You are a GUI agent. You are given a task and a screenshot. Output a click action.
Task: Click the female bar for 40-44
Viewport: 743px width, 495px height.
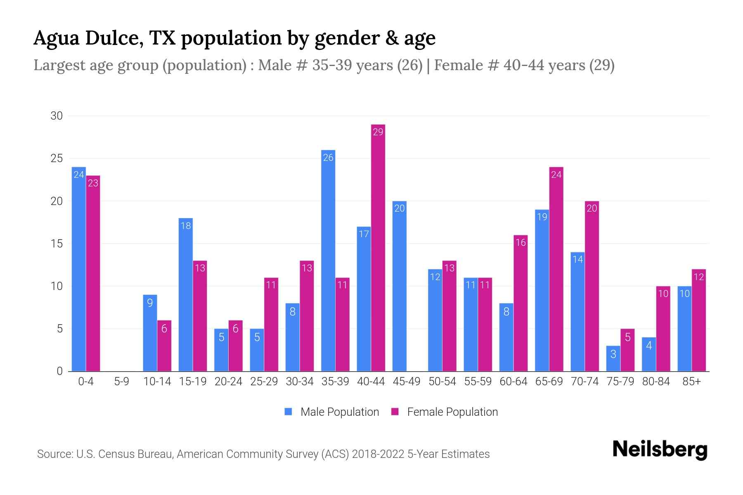tap(378, 247)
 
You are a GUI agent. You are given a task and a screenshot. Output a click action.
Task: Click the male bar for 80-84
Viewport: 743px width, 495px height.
tap(649, 354)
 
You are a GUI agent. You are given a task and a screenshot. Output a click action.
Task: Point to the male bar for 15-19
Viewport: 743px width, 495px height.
tap(186, 295)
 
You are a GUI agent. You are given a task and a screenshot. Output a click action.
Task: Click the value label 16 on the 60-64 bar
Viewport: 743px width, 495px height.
tap(521, 243)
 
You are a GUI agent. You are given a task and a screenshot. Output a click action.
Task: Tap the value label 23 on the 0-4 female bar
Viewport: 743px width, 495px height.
tap(93, 183)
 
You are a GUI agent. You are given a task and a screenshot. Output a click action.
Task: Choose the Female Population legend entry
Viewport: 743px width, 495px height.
tap(445, 412)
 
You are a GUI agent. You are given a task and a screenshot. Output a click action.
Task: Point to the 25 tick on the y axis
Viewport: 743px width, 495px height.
tap(57, 158)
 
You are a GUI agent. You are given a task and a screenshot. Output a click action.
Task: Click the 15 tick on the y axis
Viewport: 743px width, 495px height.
tap(57, 244)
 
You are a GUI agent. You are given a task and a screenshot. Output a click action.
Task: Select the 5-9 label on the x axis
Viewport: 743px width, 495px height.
tap(121, 382)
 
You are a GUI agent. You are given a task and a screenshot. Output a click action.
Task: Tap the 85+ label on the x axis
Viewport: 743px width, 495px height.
tap(691, 382)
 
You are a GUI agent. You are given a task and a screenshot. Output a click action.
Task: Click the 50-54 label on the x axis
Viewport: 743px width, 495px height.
tap(442, 382)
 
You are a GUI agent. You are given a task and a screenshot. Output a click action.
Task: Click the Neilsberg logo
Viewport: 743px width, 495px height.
tap(660, 450)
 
